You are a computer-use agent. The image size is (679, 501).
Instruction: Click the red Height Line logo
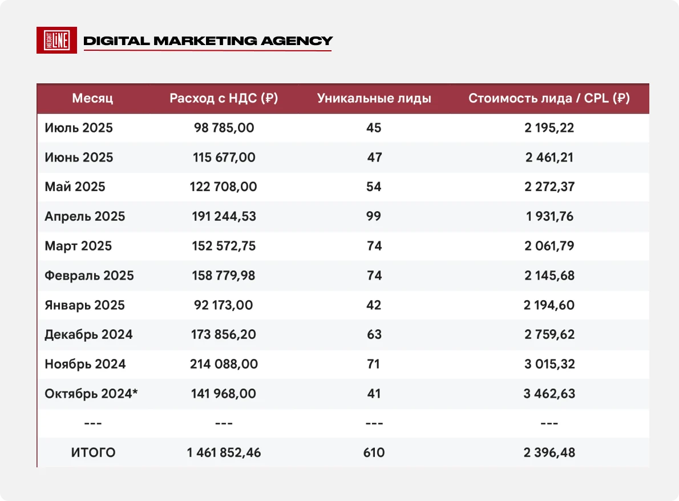pyautogui.click(x=56, y=41)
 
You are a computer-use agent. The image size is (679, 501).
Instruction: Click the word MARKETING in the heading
pyautogui.click(x=205, y=41)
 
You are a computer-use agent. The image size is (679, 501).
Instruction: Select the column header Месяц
pyautogui.click(x=92, y=98)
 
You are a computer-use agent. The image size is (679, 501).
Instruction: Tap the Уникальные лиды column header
pyautogui.click(x=374, y=98)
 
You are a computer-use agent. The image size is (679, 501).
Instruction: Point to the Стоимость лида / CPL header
pyautogui.click(x=549, y=98)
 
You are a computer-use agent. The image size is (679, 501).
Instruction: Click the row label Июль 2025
pyautogui.click(x=79, y=128)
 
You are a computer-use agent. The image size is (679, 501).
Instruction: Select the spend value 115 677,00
pyautogui.click(x=224, y=157)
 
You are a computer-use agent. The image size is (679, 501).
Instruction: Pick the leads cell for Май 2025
pyautogui.click(x=374, y=187)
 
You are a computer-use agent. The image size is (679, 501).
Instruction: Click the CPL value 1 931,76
pyautogui.click(x=549, y=216)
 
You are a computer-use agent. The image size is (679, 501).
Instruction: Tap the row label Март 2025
pyautogui.click(x=78, y=246)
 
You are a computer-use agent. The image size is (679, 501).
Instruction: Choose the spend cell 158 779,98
pyautogui.click(x=224, y=276)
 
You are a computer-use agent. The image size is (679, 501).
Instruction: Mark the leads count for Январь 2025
pyautogui.click(x=374, y=305)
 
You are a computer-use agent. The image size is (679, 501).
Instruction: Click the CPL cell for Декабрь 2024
pyautogui.click(x=549, y=334)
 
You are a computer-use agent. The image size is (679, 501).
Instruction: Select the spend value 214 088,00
pyautogui.click(x=224, y=363)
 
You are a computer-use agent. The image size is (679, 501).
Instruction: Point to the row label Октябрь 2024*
pyautogui.click(x=91, y=394)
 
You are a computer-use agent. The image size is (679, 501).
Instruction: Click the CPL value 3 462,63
pyautogui.click(x=549, y=394)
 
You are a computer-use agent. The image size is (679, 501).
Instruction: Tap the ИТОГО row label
pyautogui.click(x=93, y=452)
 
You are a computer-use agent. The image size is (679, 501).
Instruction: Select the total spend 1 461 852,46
pyautogui.click(x=224, y=452)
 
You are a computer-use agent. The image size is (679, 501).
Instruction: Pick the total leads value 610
pyautogui.click(x=374, y=452)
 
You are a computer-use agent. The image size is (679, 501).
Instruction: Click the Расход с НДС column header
pyautogui.click(x=224, y=98)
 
